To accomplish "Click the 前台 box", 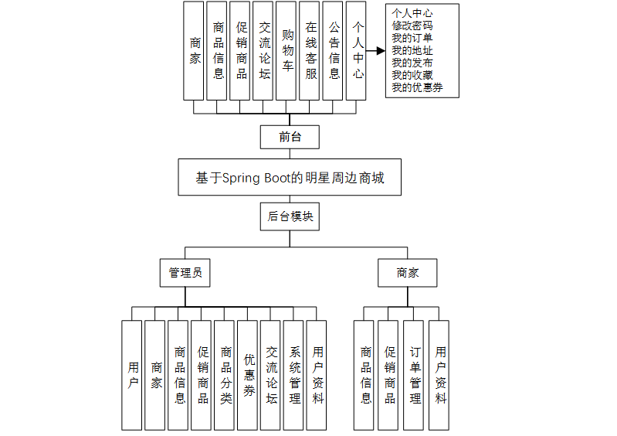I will click(x=290, y=137).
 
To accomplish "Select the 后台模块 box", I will click(x=290, y=216).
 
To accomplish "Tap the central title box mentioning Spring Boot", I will click(x=290, y=178).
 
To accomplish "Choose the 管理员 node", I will click(x=185, y=272).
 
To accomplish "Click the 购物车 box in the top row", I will click(x=286, y=50).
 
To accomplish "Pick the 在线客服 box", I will click(x=310, y=50).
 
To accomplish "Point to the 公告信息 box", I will click(x=333, y=50).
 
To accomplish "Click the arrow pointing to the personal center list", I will click(x=375, y=50).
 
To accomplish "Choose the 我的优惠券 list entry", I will click(x=417, y=87).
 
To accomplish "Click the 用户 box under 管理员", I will click(x=132, y=375).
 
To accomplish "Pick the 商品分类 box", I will click(x=225, y=375).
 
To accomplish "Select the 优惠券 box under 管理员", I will click(x=248, y=375).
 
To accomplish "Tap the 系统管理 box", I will click(x=294, y=375).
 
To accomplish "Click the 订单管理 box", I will click(x=415, y=375).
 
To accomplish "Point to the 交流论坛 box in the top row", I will click(x=263, y=50).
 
